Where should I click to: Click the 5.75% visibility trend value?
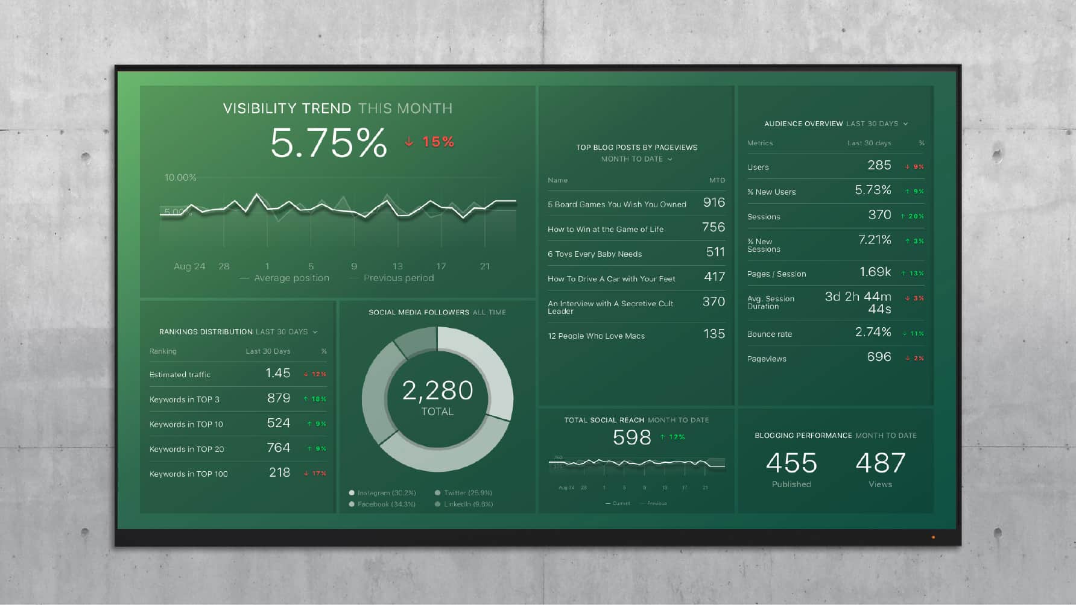click(329, 143)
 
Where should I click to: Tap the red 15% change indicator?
click(431, 142)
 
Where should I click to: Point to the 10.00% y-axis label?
click(180, 178)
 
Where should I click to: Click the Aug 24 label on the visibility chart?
click(189, 266)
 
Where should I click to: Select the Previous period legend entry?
click(398, 278)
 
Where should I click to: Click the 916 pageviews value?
click(714, 202)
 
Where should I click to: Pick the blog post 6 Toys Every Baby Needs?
click(594, 254)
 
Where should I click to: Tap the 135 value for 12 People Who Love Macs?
click(714, 334)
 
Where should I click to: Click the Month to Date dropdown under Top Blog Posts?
click(636, 159)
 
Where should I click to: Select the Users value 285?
click(879, 165)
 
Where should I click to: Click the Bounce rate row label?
click(769, 334)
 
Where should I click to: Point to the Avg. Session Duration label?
click(770, 302)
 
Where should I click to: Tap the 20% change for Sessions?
click(912, 216)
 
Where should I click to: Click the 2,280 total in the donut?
click(437, 390)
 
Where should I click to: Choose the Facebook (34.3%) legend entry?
click(386, 504)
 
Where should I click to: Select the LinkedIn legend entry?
click(468, 504)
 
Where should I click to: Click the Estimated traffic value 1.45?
click(277, 374)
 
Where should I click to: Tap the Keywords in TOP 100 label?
click(188, 474)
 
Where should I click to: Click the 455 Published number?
click(791, 463)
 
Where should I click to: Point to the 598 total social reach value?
click(631, 437)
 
